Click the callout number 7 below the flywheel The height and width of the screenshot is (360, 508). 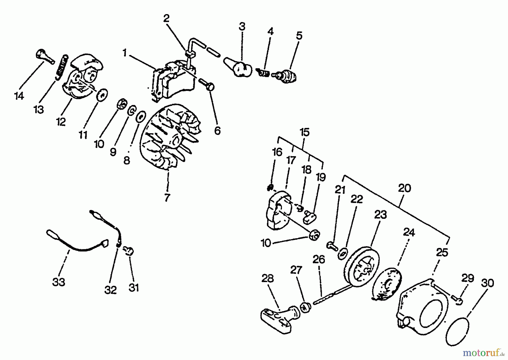pyautogui.click(x=167, y=197)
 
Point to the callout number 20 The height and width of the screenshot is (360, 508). pyautogui.click(x=404, y=188)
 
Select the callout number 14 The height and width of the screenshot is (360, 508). pyautogui.click(x=19, y=96)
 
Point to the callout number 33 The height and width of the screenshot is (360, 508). pyautogui.click(x=59, y=282)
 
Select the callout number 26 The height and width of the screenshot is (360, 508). pyautogui.click(x=319, y=259)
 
